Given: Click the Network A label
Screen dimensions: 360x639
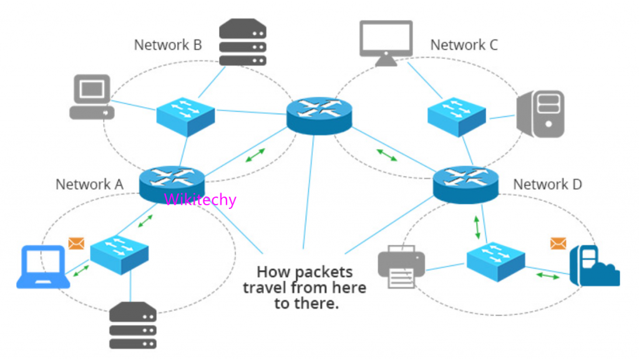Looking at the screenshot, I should [x=89, y=185].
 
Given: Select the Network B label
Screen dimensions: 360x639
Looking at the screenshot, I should [x=168, y=45].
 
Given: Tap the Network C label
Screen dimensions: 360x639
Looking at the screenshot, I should [x=464, y=45].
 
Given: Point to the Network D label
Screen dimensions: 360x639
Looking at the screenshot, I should [x=547, y=185].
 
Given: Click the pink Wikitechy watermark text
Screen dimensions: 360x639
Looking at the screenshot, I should [x=200, y=200].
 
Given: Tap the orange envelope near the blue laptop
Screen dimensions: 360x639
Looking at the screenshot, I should [x=76, y=243].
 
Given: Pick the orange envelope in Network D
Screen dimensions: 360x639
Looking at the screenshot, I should [x=559, y=243].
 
